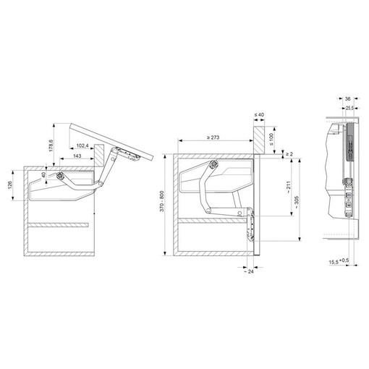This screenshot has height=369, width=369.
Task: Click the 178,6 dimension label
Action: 51,145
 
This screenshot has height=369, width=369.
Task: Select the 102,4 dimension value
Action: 82,145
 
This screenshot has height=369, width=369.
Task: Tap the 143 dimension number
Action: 77,156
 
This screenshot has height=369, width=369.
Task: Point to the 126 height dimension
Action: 10,185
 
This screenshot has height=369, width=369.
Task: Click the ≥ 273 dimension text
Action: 213,137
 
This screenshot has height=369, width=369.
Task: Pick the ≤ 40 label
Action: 259,114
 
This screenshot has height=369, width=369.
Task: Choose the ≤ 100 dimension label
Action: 272,140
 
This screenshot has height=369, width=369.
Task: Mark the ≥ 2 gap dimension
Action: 289,154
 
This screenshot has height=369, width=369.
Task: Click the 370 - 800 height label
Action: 161,201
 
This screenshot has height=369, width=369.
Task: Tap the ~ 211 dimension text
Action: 289,187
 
